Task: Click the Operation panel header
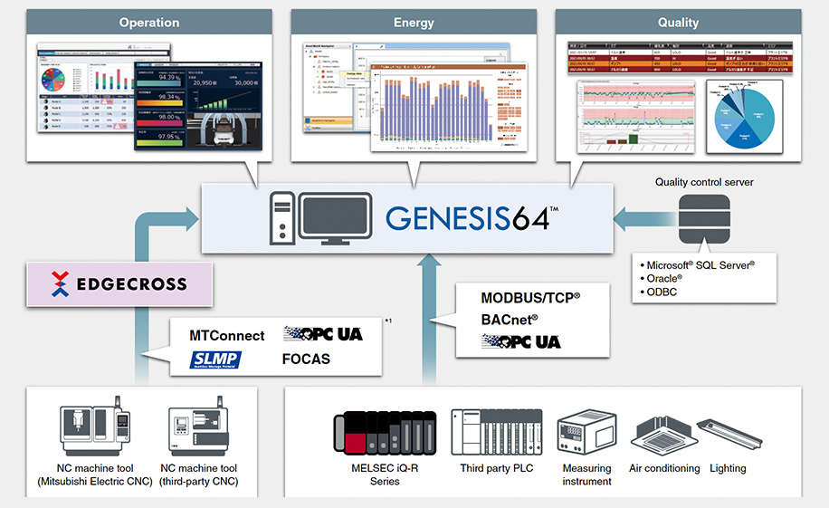tap(149, 22)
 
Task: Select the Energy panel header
tap(414, 22)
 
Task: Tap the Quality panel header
tap(678, 22)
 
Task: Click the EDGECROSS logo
tap(119, 283)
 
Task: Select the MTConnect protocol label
tap(227, 335)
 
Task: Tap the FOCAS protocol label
tap(306, 359)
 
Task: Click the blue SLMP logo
tap(215, 359)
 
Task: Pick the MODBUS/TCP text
tap(530, 297)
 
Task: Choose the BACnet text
tap(510, 319)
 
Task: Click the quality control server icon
tap(704, 217)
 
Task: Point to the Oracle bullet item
tap(664, 278)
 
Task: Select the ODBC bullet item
tap(662, 292)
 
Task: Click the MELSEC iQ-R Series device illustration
tap(385, 432)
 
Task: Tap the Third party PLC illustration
tap(496, 432)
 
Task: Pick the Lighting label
tap(728, 468)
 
